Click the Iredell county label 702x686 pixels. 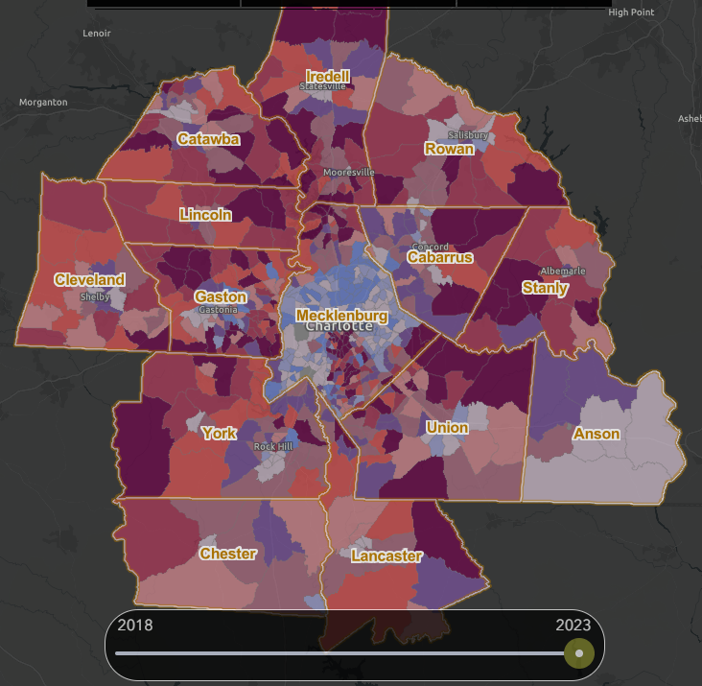[x=328, y=76]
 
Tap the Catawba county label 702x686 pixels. [x=208, y=139]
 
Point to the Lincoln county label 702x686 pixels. [x=205, y=215]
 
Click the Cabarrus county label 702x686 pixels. [x=439, y=257]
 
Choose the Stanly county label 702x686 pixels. [x=545, y=287]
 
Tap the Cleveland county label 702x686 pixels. [x=89, y=279]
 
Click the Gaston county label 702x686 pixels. [x=221, y=296]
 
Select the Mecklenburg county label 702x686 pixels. [x=341, y=315]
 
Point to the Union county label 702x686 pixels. [x=447, y=427]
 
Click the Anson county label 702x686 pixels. [x=597, y=434]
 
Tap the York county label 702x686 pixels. [x=219, y=433]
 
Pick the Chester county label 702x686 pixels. [x=227, y=554]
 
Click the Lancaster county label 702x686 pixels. [x=386, y=556]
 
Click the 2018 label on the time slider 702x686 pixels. [x=134, y=625]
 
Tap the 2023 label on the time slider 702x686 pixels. [x=573, y=625]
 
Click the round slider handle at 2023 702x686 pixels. [x=578, y=653]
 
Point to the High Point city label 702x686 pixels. [x=631, y=12]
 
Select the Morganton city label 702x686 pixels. [x=43, y=102]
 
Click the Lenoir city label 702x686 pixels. [x=97, y=34]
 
